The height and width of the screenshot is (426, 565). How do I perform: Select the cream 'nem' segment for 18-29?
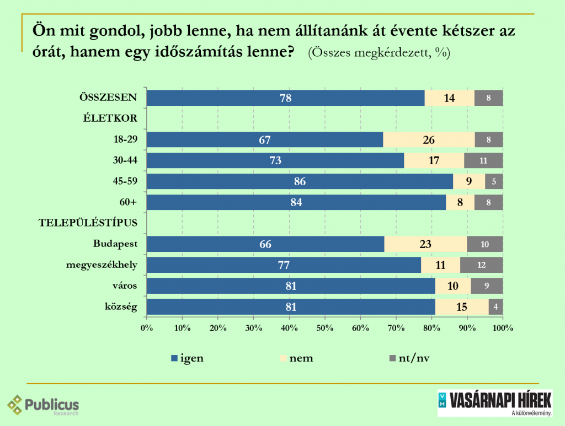tap(429, 139)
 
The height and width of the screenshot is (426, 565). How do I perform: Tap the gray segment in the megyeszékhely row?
tap(481, 265)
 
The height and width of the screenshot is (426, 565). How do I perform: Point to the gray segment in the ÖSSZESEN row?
tap(488, 98)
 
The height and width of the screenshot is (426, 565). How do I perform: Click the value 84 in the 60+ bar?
tap(296, 202)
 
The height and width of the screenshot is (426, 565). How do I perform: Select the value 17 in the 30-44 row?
tap(433, 160)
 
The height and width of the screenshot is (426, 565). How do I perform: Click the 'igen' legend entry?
tap(187, 358)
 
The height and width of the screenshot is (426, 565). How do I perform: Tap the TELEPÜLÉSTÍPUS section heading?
tap(87, 223)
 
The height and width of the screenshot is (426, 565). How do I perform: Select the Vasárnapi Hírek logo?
tap(494, 403)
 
